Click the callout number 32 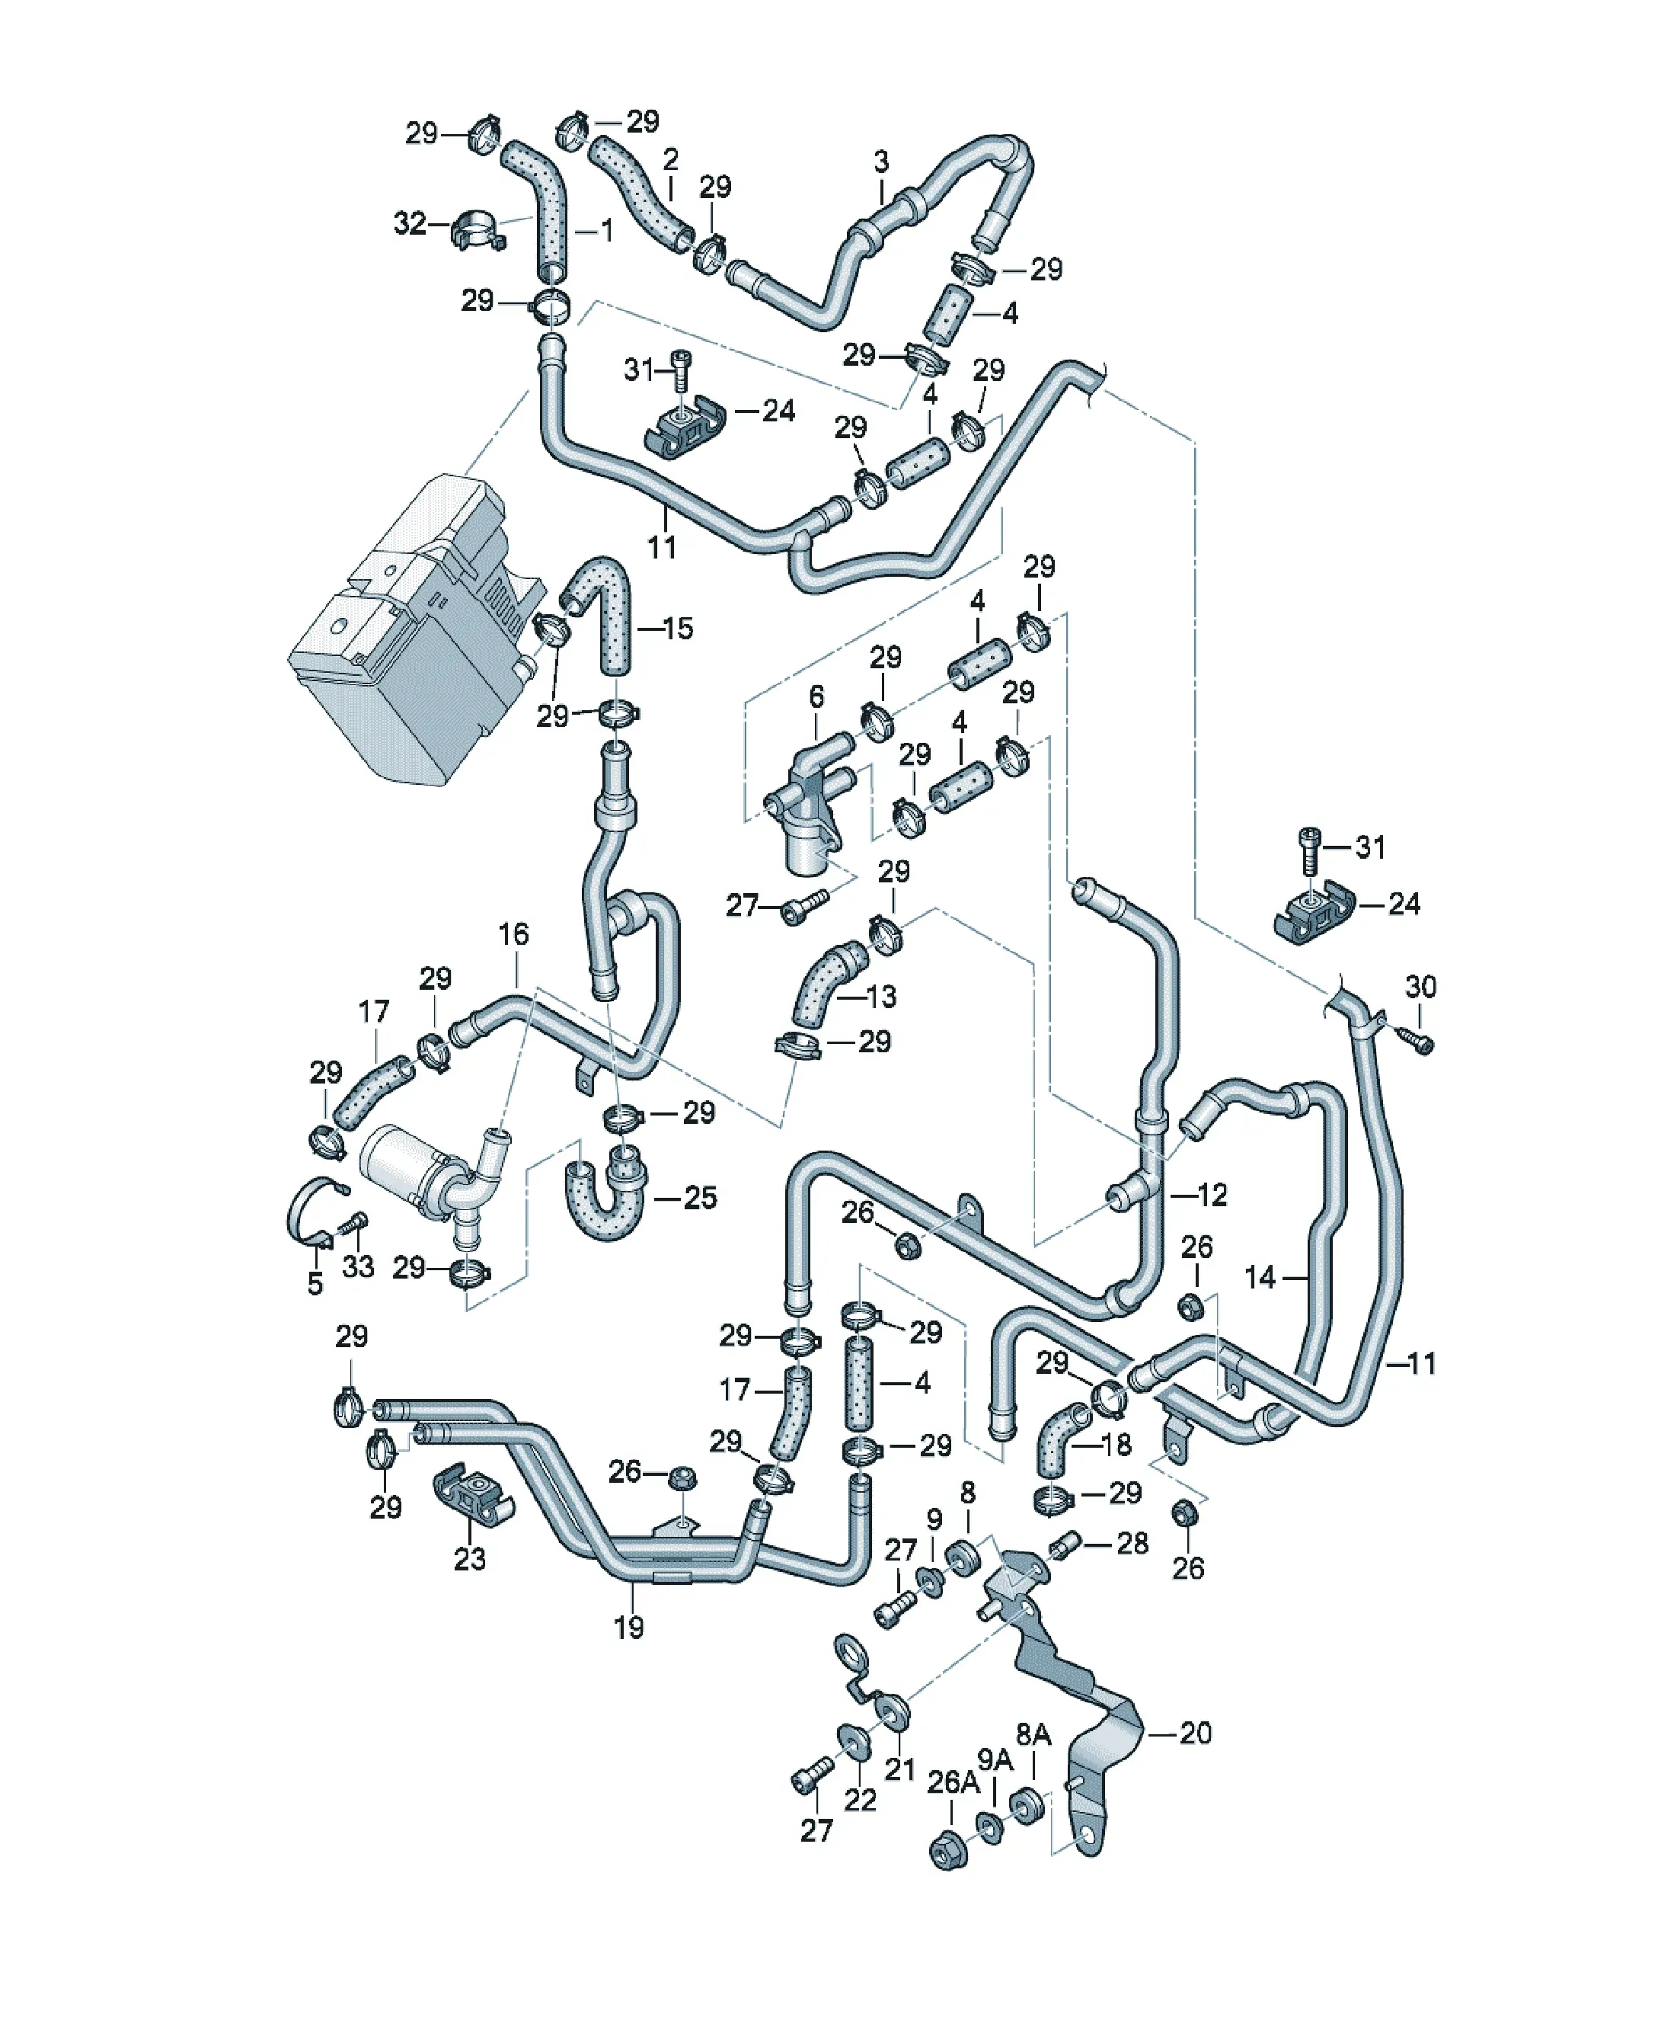coord(410,223)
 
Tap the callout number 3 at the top coord(882,162)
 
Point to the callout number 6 coord(816,696)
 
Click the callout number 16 coord(513,934)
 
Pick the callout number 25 coord(700,1198)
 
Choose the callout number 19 coord(629,1628)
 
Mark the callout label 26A coord(951,1782)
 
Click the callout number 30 coord(1420,986)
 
